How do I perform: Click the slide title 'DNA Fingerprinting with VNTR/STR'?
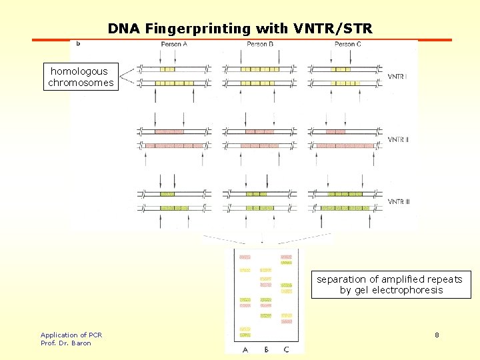coord(240,29)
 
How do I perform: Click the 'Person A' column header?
coord(174,44)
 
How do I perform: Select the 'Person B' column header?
coord(260,44)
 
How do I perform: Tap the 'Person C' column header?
coord(345,44)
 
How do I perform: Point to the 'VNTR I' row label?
coord(398,77)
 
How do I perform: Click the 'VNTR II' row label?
coord(399,139)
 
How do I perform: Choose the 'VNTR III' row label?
coord(399,201)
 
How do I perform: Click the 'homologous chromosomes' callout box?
coord(81,77)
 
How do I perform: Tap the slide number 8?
coord(437,335)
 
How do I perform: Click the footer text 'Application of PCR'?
coord(71,335)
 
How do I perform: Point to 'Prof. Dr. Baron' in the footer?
coord(65,343)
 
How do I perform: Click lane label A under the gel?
coord(245,349)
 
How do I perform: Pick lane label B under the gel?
coord(265,349)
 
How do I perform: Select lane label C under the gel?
coord(286,349)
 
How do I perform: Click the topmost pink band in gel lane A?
coord(245,257)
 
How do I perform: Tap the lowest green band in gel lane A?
coord(245,335)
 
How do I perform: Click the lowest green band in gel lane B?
coord(265,315)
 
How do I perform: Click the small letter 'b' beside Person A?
coord(79,44)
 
